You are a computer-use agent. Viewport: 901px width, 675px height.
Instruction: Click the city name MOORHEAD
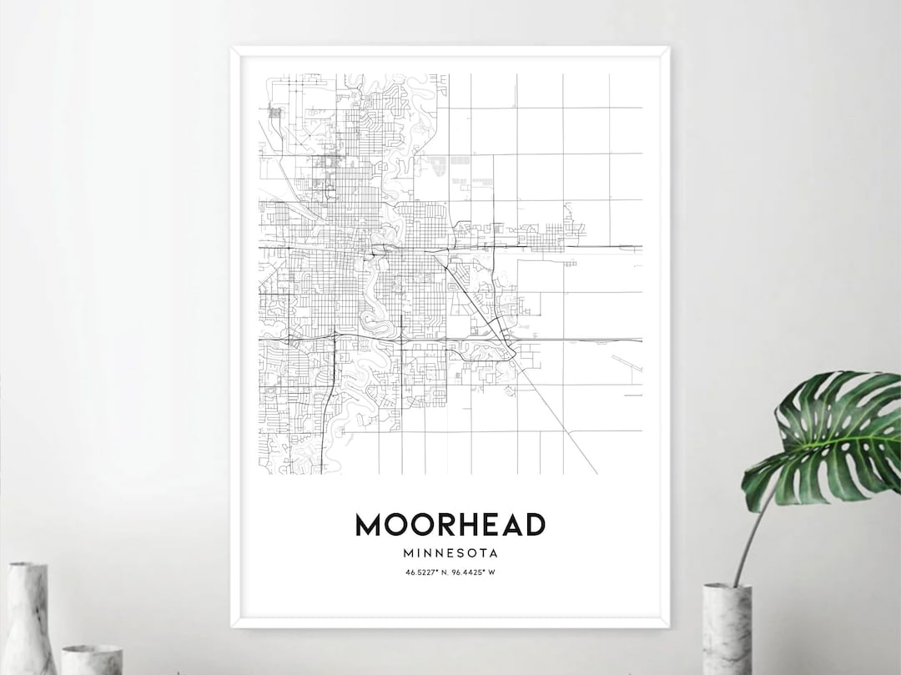pos(450,525)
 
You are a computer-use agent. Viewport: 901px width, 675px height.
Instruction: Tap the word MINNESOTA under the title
pos(450,552)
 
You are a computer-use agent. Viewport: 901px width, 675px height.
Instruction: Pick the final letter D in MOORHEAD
pos(535,525)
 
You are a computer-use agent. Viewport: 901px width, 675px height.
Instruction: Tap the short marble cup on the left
pos(92,659)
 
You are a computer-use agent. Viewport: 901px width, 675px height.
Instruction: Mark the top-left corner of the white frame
pos(233,49)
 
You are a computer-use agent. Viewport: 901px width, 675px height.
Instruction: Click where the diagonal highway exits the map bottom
pos(596,472)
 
